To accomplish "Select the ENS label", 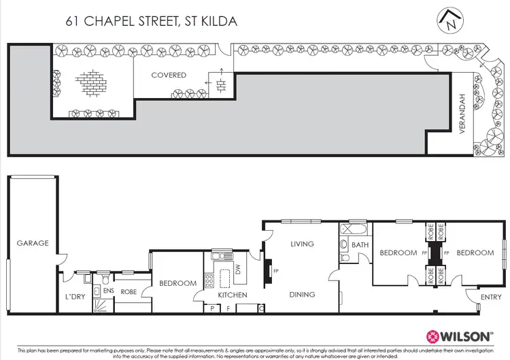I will pos(107,290).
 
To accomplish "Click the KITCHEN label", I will pos(232,295).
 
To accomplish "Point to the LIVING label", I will pos(302,244).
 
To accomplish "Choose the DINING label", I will pos(302,295).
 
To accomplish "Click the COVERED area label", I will pos(169,75).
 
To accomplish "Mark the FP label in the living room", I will pos(275,269).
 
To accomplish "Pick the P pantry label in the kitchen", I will pos(213,308).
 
